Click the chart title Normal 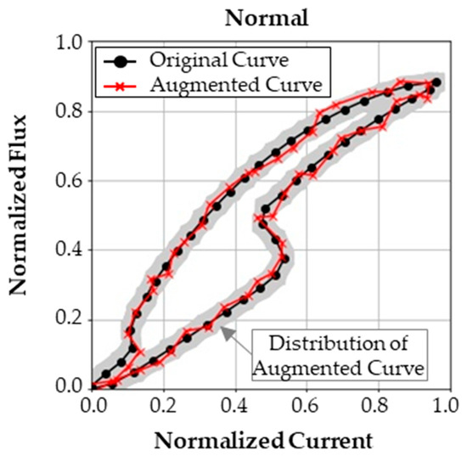tap(265, 16)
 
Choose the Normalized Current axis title tap(264, 441)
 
